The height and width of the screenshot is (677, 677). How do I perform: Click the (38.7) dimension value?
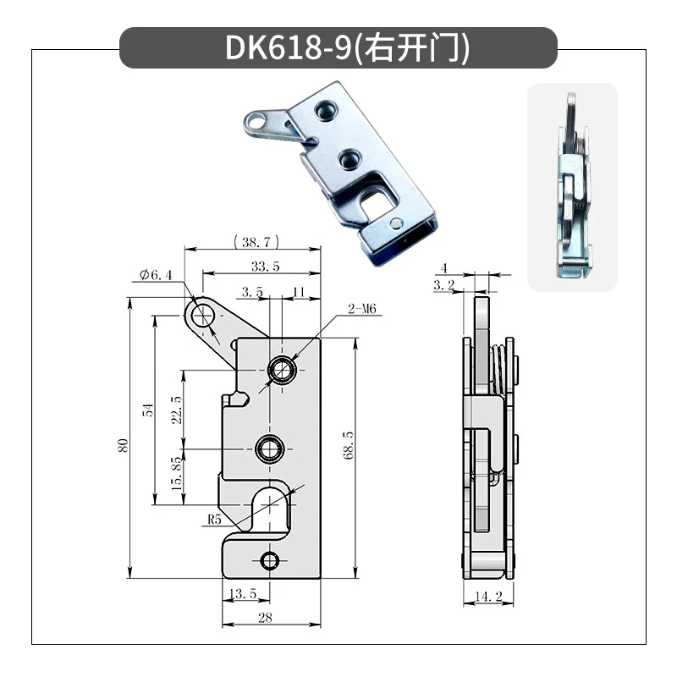254,242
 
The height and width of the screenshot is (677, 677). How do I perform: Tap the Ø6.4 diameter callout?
156,274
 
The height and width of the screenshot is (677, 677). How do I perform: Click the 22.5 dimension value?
177,410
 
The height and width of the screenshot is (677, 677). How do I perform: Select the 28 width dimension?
265,619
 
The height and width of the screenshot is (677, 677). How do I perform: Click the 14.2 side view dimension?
488,597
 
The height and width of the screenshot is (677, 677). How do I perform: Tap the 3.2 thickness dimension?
443,286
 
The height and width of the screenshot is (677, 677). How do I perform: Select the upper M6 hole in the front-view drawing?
282,368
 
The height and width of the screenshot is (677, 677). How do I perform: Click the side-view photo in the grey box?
572,188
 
